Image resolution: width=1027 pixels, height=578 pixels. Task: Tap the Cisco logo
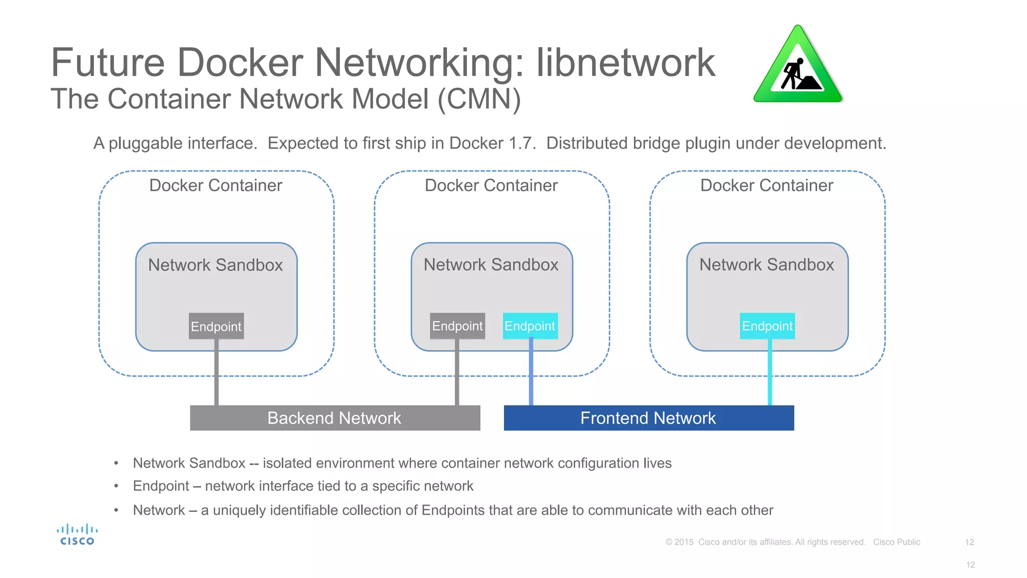pyautogui.click(x=77, y=535)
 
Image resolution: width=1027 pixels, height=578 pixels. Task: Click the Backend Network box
pyautogui.click(x=335, y=418)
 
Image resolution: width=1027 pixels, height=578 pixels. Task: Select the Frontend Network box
pyautogui.click(x=648, y=418)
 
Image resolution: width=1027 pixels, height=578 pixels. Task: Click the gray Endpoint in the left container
pyautogui.click(x=216, y=326)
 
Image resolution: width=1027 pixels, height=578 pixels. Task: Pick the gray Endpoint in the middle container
pyautogui.click(x=457, y=326)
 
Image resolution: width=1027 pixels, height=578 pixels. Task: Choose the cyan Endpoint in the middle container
pyautogui.click(x=530, y=326)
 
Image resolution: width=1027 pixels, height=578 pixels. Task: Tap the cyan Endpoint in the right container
pyautogui.click(x=767, y=326)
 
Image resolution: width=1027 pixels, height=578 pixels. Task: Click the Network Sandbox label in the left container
pyautogui.click(x=216, y=265)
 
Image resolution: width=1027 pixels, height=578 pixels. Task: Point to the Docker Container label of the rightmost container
pyautogui.click(x=766, y=186)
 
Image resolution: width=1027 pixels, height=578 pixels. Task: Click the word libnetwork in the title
pyautogui.click(x=625, y=63)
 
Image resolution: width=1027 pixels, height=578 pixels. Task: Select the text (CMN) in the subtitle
pyautogui.click(x=479, y=99)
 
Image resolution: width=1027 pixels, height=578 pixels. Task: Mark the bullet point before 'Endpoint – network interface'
pyautogui.click(x=116, y=486)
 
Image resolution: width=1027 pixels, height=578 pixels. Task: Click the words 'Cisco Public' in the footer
pyautogui.click(x=896, y=542)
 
